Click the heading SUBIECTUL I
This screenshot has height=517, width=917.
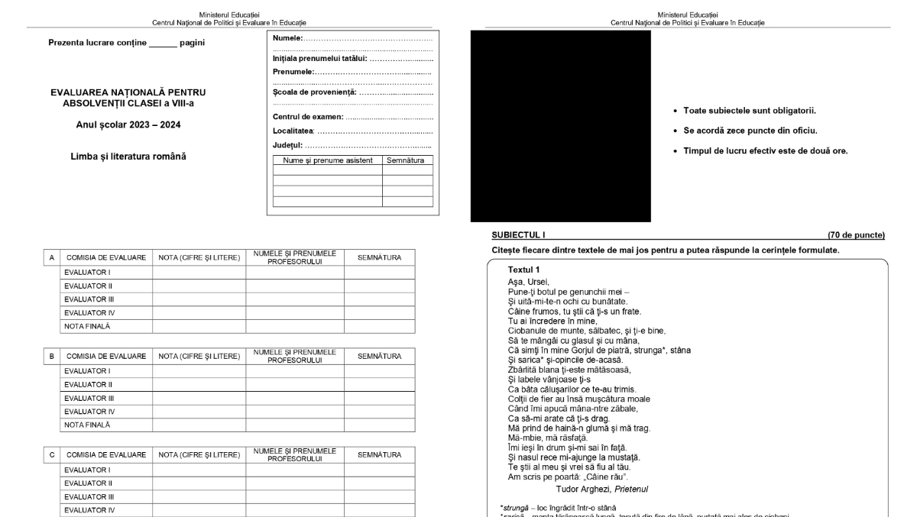pyautogui.click(x=519, y=234)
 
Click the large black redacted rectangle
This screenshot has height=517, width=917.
pyautogui.click(x=560, y=126)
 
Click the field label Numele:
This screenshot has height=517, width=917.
pyautogui.click(x=287, y=37)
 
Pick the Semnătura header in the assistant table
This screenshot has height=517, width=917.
pyautogui.click(x=407, y=160)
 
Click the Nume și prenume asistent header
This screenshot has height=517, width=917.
pyautogui.click(x=327, y=160)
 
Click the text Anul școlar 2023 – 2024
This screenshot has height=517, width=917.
pyautogui.click(x=128, y=124)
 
